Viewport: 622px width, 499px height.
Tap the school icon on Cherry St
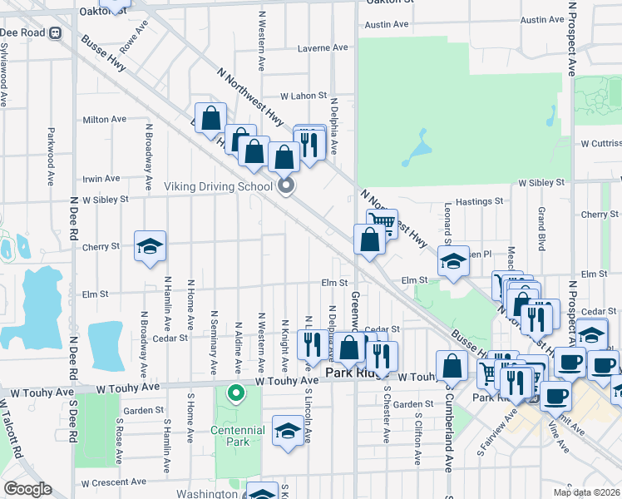pyautogui.click(x=151, y=246)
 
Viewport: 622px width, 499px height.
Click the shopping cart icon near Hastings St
pyautogui.click(x=381, y=223)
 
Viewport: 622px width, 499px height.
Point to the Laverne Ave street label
pyautogui.click(x=323, y=47)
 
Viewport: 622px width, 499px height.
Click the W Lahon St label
pyautogui.click(x=304, y=96)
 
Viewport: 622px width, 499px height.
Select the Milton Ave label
pyautogui.click(x=105, y=120)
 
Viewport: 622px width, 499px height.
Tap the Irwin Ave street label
pyautogui.click(x=101, y=179)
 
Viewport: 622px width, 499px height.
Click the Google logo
pyautogui.click(x=27, y=489)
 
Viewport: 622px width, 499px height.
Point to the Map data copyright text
pyautogui.click(x=587, y=492)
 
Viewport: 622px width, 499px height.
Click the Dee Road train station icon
pyautogui.click(x=56, y=32)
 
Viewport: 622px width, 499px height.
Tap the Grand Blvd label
pyautogui.click(x=541, y=230)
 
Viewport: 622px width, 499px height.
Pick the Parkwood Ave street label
pyautogui.click(x=51, y=156)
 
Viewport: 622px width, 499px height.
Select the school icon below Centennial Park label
pyautogui.click(x=288, y=431)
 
